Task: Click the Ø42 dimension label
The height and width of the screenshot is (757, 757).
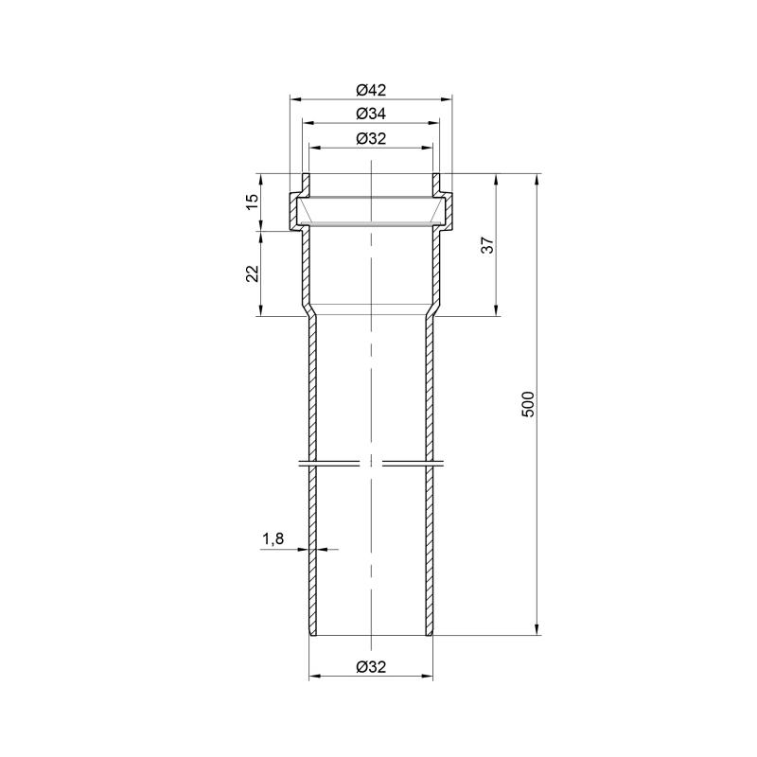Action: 371,90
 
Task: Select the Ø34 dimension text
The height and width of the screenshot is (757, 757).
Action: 371,114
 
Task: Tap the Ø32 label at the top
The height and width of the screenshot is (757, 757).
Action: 371,138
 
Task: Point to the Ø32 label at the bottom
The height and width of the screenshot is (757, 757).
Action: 371,667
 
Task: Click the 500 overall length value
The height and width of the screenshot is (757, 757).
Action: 529,404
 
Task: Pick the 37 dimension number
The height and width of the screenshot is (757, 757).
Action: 488,245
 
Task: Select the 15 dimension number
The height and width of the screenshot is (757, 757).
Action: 252,202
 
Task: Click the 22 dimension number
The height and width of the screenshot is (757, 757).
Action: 252,273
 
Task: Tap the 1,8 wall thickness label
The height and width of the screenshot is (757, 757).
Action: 273,538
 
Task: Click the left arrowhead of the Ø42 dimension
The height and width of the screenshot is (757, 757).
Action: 295,99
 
